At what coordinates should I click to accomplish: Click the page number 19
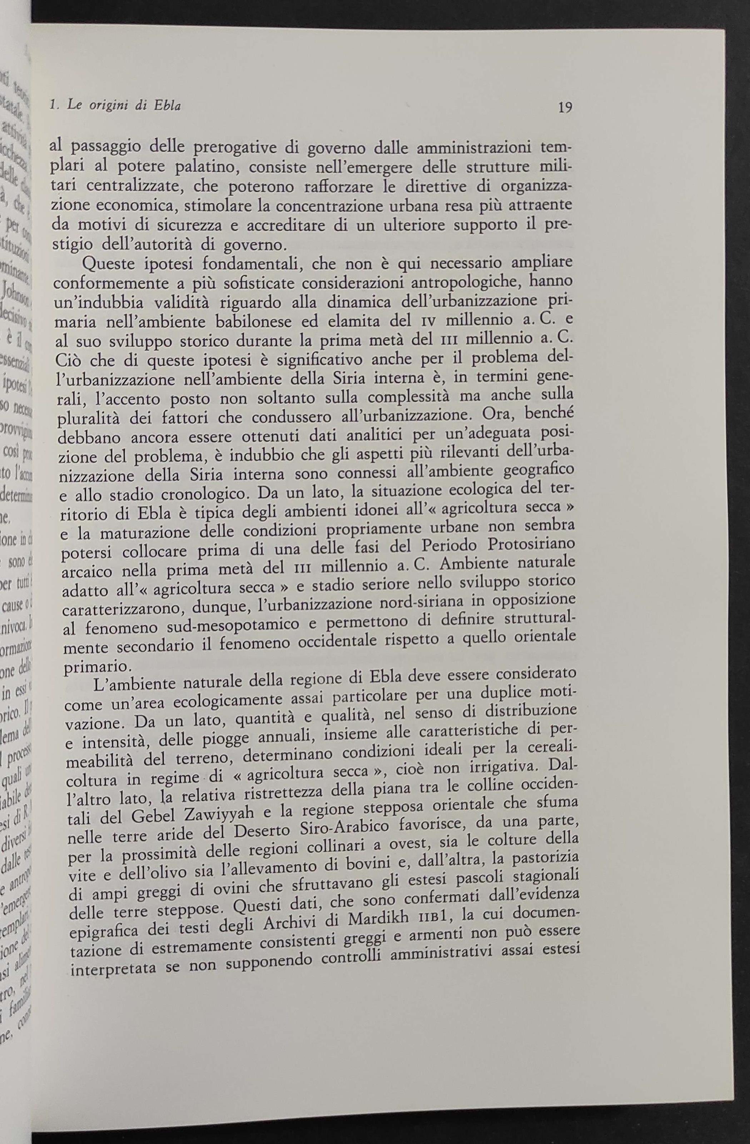pyautogui.click(x=565, y=107)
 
